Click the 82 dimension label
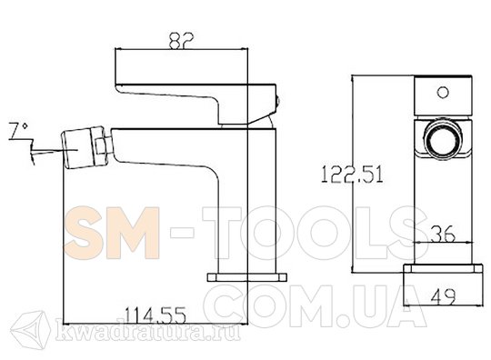(181, 40)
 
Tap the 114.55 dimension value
(155, 315)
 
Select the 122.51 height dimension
(352, 175)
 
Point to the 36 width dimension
(443, 234)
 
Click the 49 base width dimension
(444, 296)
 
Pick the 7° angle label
(19, 131)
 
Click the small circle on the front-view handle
(443, 93)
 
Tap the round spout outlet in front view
(443, 139)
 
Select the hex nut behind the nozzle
(103, 145)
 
